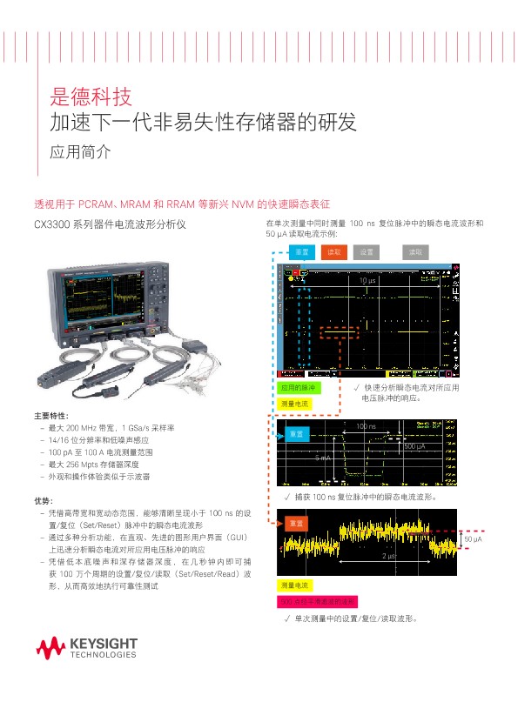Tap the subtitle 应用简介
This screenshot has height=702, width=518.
[x=80, y=151]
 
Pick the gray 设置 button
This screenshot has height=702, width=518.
[x=366, y=251]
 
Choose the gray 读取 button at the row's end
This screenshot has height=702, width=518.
[x=415, y=251]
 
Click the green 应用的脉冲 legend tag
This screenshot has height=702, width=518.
[x=297, y=387]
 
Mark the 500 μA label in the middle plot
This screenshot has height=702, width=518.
[x=414, y=446]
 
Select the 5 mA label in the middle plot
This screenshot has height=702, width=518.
[x=323, y=457]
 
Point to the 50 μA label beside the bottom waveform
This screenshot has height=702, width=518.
[x=473, y=540]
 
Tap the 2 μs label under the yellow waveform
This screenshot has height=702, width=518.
[x=389, y=554]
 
